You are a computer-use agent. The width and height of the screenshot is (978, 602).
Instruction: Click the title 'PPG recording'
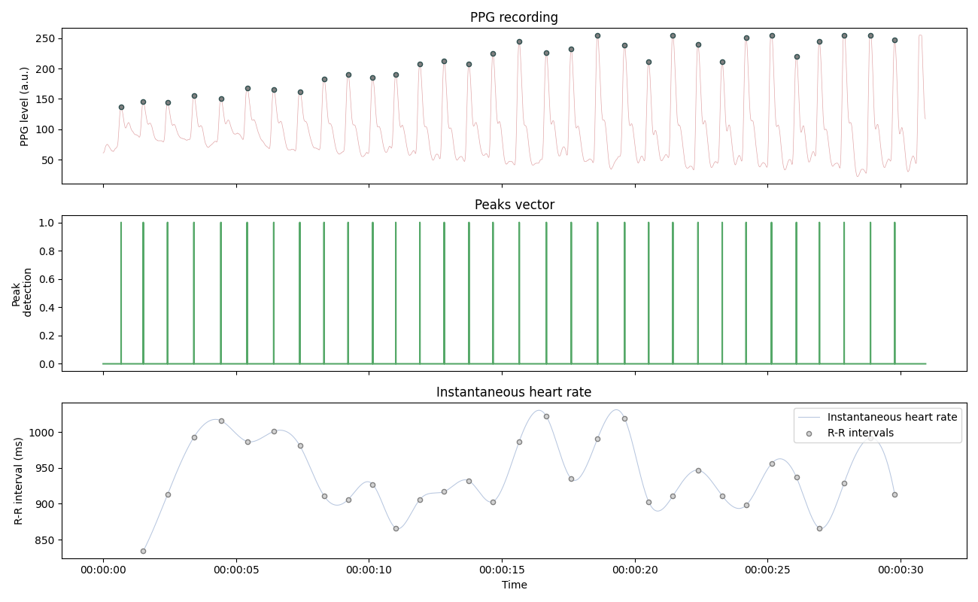(x=514, y=17)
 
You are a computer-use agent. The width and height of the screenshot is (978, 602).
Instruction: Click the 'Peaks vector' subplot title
(x=514, y=205)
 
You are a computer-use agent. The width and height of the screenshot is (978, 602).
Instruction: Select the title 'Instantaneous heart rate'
(x=514, y=392)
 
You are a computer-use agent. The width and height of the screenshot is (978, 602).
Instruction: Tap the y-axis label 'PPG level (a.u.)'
(x=24, y=106)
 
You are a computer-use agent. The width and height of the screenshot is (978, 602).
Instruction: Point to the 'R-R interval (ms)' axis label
(x=19, y=481)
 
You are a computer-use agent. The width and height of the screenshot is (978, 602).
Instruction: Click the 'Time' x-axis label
(x=514, y=585)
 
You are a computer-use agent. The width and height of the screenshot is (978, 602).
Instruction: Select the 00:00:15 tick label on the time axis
(x=502, y=570)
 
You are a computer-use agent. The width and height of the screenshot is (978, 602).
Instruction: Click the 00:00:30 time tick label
(x=901, y=570)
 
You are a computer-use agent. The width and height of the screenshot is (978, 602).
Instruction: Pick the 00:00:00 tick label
(x=103, y=570)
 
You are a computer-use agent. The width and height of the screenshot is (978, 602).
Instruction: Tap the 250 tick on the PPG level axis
(x=45, y=38)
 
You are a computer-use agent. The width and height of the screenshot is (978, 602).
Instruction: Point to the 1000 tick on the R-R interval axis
(x=42, y=433)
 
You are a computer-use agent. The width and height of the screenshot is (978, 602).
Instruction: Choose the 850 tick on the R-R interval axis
(x=45, y=540)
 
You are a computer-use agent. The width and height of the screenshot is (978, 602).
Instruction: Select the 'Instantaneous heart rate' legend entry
(x=891, y=417)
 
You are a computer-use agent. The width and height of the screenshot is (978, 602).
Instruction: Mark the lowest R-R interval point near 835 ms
(x=143, y=551)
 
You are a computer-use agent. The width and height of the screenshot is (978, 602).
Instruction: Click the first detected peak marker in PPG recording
(x=121, y=107)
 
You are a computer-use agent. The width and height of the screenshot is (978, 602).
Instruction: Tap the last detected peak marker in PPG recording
(x=894, y=40)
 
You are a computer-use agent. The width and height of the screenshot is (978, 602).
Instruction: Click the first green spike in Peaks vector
(x=121, y=293)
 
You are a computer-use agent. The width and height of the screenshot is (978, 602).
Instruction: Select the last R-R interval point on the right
(x=894, y=494)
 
